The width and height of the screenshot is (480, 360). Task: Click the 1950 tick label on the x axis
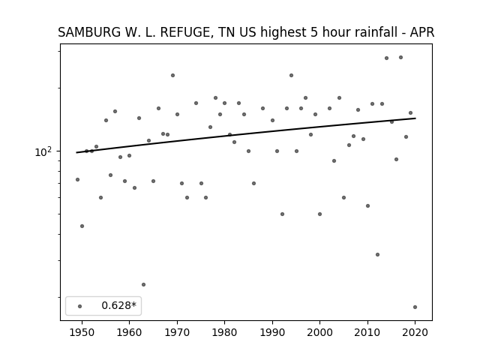(x=82, y=332)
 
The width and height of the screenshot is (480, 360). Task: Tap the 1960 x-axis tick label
(x=129, y=332)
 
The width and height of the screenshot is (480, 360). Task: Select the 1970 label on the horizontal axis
(x=177, y=332)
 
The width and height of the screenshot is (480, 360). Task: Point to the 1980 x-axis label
(x=224, y=332)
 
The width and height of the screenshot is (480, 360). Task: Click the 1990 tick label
(x=272, y=332)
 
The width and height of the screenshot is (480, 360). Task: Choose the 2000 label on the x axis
(x=319, y=332)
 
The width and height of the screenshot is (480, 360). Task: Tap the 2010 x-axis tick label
(x=367, y=332)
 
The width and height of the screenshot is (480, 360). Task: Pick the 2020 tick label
(x=415, y=332)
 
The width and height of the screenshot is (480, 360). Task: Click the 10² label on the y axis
(x=43, y=151)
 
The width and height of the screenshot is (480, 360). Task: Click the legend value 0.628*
(x=118, y=305)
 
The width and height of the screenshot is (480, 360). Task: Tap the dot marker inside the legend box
(x=80, y=306)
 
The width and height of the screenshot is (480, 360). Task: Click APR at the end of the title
(x=421, y=32)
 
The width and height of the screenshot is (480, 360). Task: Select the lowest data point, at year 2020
(x=415, y=307)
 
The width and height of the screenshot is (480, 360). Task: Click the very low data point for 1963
(x=143, y=285)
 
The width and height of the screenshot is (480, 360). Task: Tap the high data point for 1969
(x=172, y=75)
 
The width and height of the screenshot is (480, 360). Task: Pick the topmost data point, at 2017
(x=400, y=57)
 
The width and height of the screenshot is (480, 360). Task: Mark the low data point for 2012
(x=377, y=255)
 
